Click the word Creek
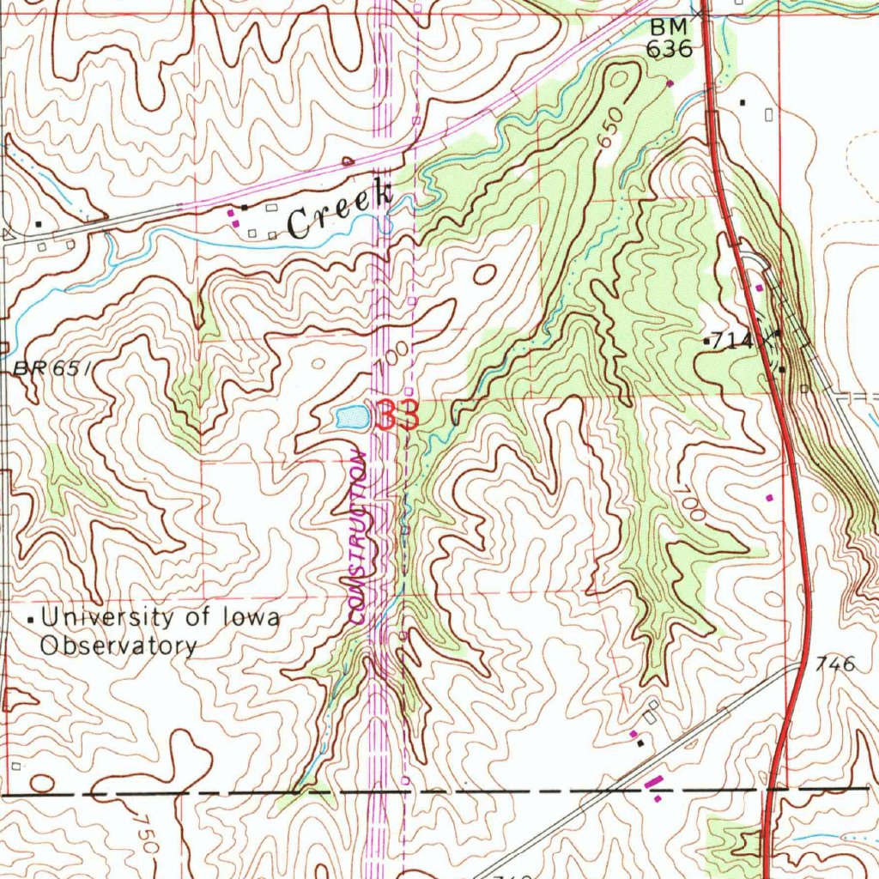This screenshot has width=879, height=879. tap(339, 210)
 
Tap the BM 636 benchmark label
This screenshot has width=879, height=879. tap(669, 39)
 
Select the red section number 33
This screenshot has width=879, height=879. tap(397, 416)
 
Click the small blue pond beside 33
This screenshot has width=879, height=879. tap(352, 418)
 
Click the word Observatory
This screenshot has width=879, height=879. tap(119, 646)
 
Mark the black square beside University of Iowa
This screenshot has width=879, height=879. tap(33, 619)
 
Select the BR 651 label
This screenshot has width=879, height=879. tap(52, 369)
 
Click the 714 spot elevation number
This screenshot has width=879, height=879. tap(731, 341)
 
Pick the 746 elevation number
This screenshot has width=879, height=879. tap(835, 664)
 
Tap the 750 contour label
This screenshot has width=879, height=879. tap(147, 833)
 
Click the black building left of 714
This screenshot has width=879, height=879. tap(706, 342)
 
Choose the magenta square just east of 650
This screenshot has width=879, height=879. tap(670, 83)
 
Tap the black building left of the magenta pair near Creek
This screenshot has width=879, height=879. tap(245, 208)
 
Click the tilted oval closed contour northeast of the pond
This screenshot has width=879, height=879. tap(484, 276)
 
